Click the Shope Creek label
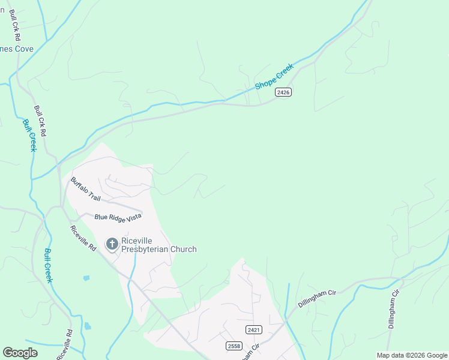274,77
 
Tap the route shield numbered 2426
284,92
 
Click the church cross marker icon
112,244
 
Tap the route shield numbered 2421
253,329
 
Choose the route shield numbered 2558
234,346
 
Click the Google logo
20,353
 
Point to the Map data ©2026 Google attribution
412,355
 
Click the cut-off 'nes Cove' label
16,49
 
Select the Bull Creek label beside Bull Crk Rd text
29,135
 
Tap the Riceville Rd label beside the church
83,238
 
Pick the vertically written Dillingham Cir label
394,308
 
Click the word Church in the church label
182,249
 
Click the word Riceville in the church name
139,239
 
